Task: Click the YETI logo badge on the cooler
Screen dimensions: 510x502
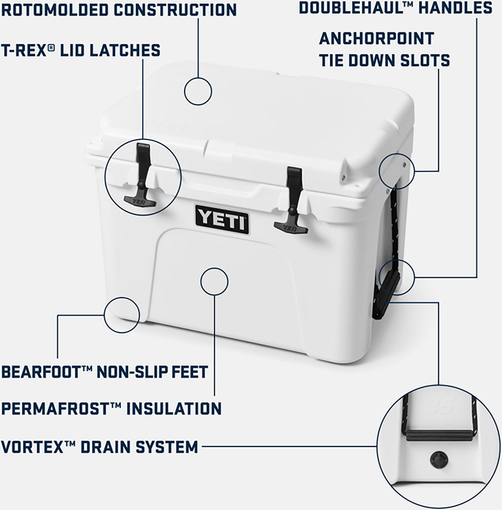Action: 221,219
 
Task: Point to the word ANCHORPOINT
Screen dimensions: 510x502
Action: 376,38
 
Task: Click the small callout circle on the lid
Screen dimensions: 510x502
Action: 198,91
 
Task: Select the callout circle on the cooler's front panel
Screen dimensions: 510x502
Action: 214,281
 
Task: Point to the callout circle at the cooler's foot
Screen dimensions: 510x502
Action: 122,315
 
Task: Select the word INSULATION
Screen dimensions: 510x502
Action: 174,408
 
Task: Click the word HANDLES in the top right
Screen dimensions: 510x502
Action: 455,7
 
